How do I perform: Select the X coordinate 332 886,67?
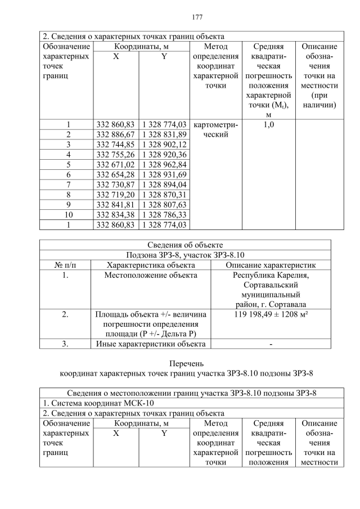pos(116,134)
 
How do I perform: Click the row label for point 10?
pos(67,214)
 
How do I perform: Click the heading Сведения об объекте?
pos(185,245)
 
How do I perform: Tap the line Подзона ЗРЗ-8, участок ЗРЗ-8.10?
pos(185,255)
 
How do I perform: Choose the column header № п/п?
pos(65,265)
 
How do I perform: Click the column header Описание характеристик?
pos(271,265)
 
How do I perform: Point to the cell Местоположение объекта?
pos(151,275)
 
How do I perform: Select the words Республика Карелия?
pos(271,275)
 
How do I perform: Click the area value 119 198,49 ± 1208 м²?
pos(271,315)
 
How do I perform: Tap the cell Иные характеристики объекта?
pos(151,344)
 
